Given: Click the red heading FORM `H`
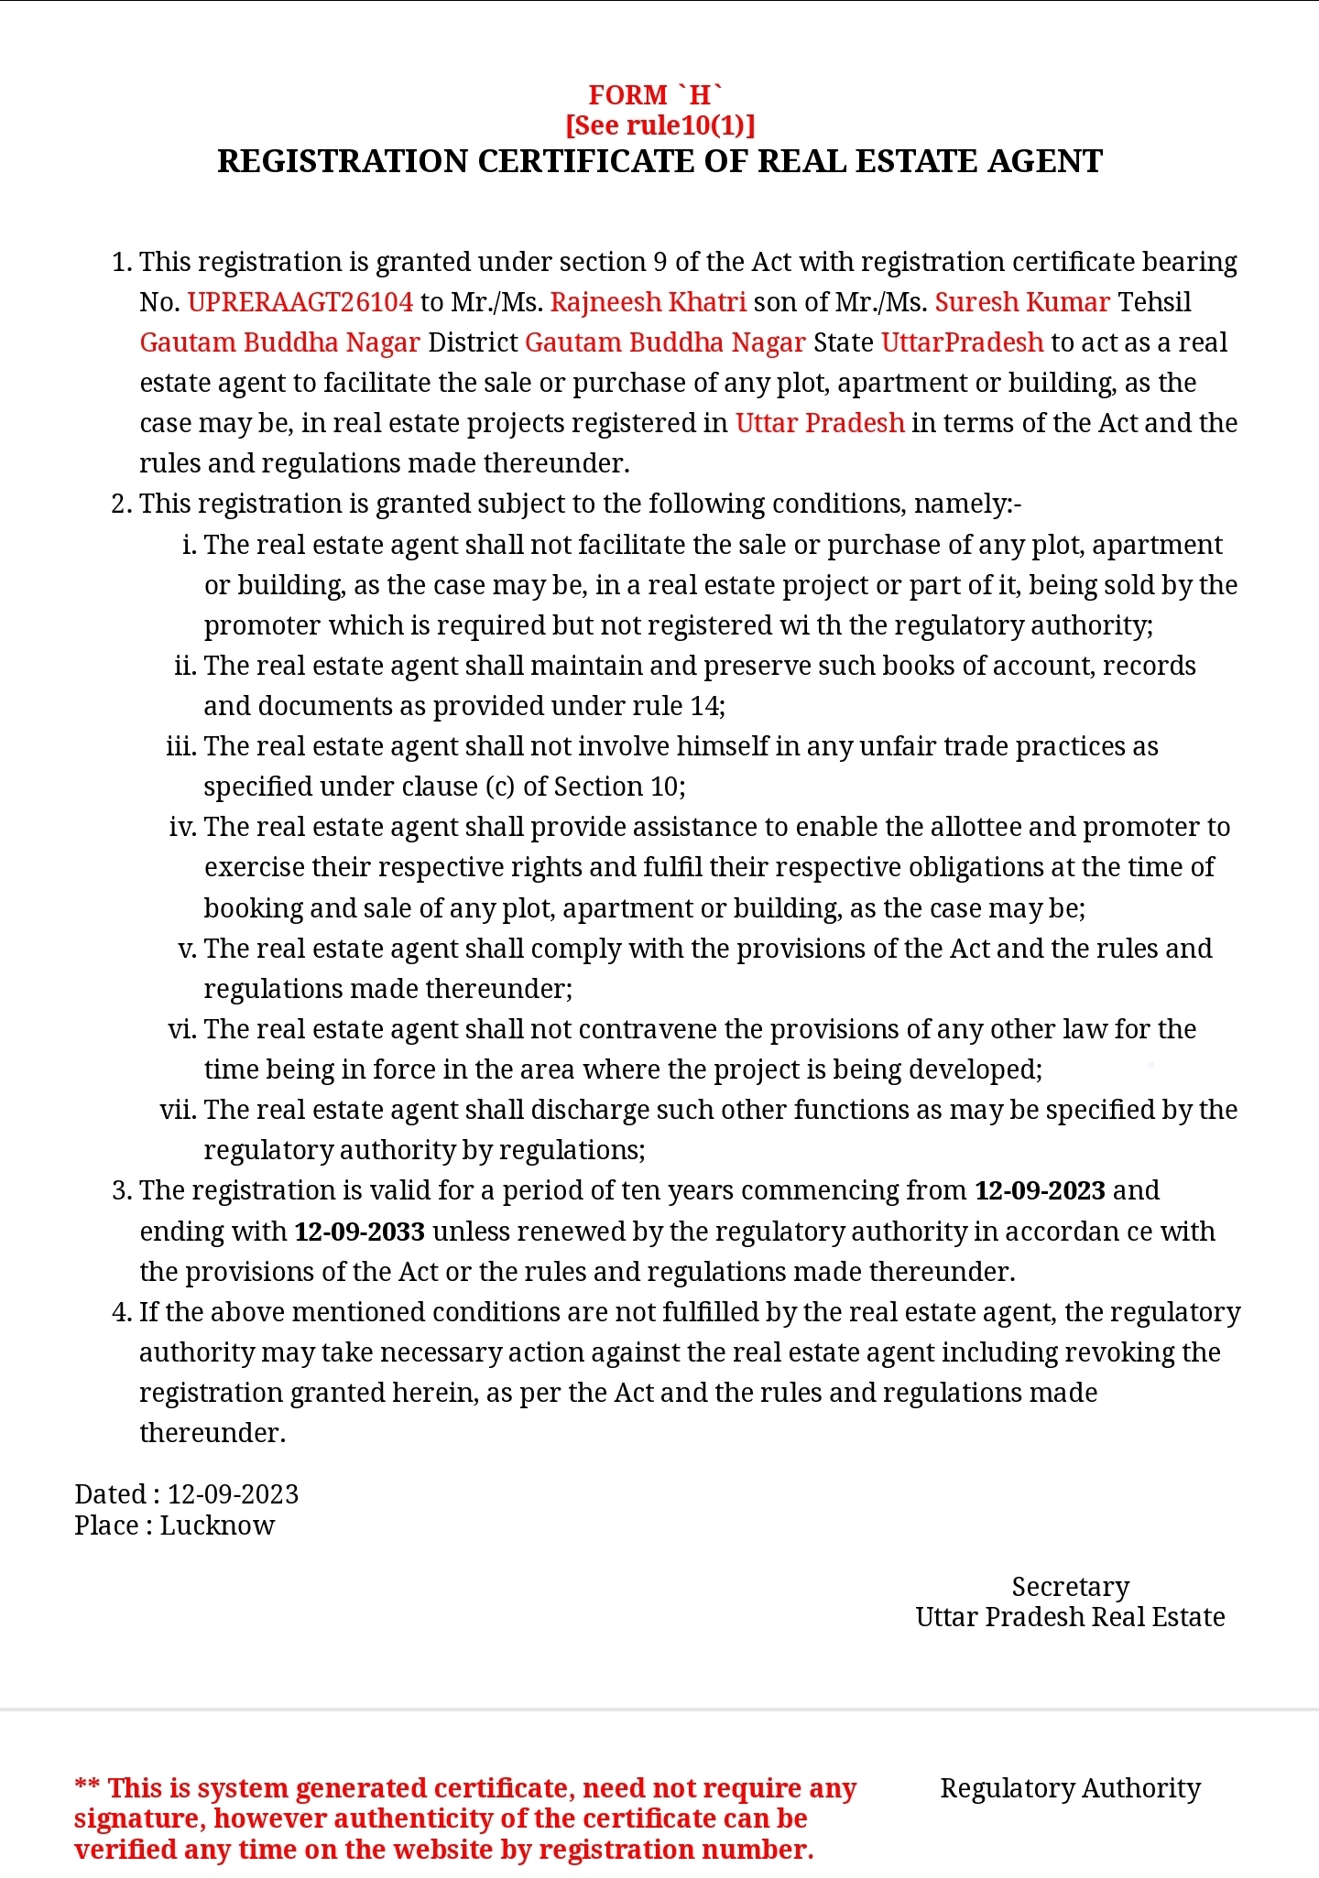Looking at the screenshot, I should (655, 95).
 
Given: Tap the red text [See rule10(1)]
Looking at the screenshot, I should (659, 125).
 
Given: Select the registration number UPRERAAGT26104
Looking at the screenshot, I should (300, 302).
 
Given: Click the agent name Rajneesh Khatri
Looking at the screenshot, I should (649, 302).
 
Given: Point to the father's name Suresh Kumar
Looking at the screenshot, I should (1022, 302).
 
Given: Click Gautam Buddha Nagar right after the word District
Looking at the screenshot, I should (665, 342).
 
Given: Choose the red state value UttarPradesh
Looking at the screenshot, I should (962, 342).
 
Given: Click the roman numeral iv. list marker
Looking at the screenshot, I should (183, 827).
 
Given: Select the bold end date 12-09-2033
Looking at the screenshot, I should (359, 1232).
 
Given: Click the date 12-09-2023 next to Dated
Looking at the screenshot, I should (233, 1494).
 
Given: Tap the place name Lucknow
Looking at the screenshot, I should (217, 1525).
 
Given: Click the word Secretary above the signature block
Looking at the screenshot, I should (1070, 1587).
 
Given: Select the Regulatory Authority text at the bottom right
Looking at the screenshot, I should (1070, 1788).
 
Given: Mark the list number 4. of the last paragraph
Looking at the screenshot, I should (122, 1312).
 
